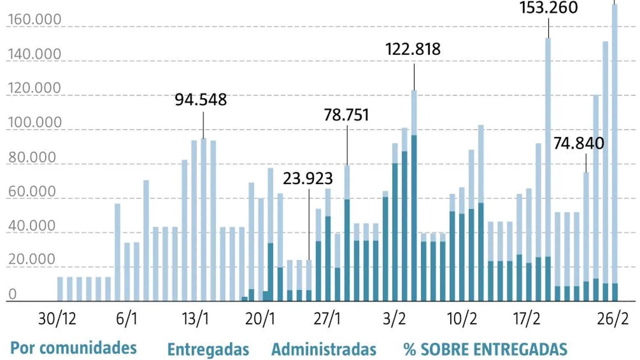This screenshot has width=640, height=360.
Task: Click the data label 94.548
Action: [x=201, y=100]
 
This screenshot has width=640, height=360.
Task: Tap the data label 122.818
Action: [x=413, y=50]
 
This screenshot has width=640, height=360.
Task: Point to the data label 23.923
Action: [x=308, y=178]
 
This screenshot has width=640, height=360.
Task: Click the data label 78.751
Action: [x=346, y=115]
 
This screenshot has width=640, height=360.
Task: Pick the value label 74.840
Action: [x=578, y=143]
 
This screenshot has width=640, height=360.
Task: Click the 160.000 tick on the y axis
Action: [x=34, y=20]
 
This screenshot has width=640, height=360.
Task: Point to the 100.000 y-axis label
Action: [x=34, y=123]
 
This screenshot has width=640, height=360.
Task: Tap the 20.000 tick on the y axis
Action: [x=32, y=259]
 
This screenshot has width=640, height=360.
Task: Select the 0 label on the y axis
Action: [x=12, y=294]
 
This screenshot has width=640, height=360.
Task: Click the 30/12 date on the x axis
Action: [x=57, y=319]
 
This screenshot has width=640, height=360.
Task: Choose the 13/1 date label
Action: [x=195, y=319]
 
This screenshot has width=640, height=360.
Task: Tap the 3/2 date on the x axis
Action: [x=394, y=319]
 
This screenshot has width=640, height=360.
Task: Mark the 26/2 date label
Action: [x=612, y=319]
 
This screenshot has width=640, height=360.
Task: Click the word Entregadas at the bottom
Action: [x=208, y=350]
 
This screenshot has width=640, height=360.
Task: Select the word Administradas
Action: [x=324, y=350]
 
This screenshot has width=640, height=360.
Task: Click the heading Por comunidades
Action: [x=73, y=348]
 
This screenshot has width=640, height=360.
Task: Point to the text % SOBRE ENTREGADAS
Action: [x=485, y=350]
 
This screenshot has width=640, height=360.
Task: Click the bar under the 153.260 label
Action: [x=548, y=152]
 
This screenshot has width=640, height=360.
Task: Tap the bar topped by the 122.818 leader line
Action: [x=414, y=195]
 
